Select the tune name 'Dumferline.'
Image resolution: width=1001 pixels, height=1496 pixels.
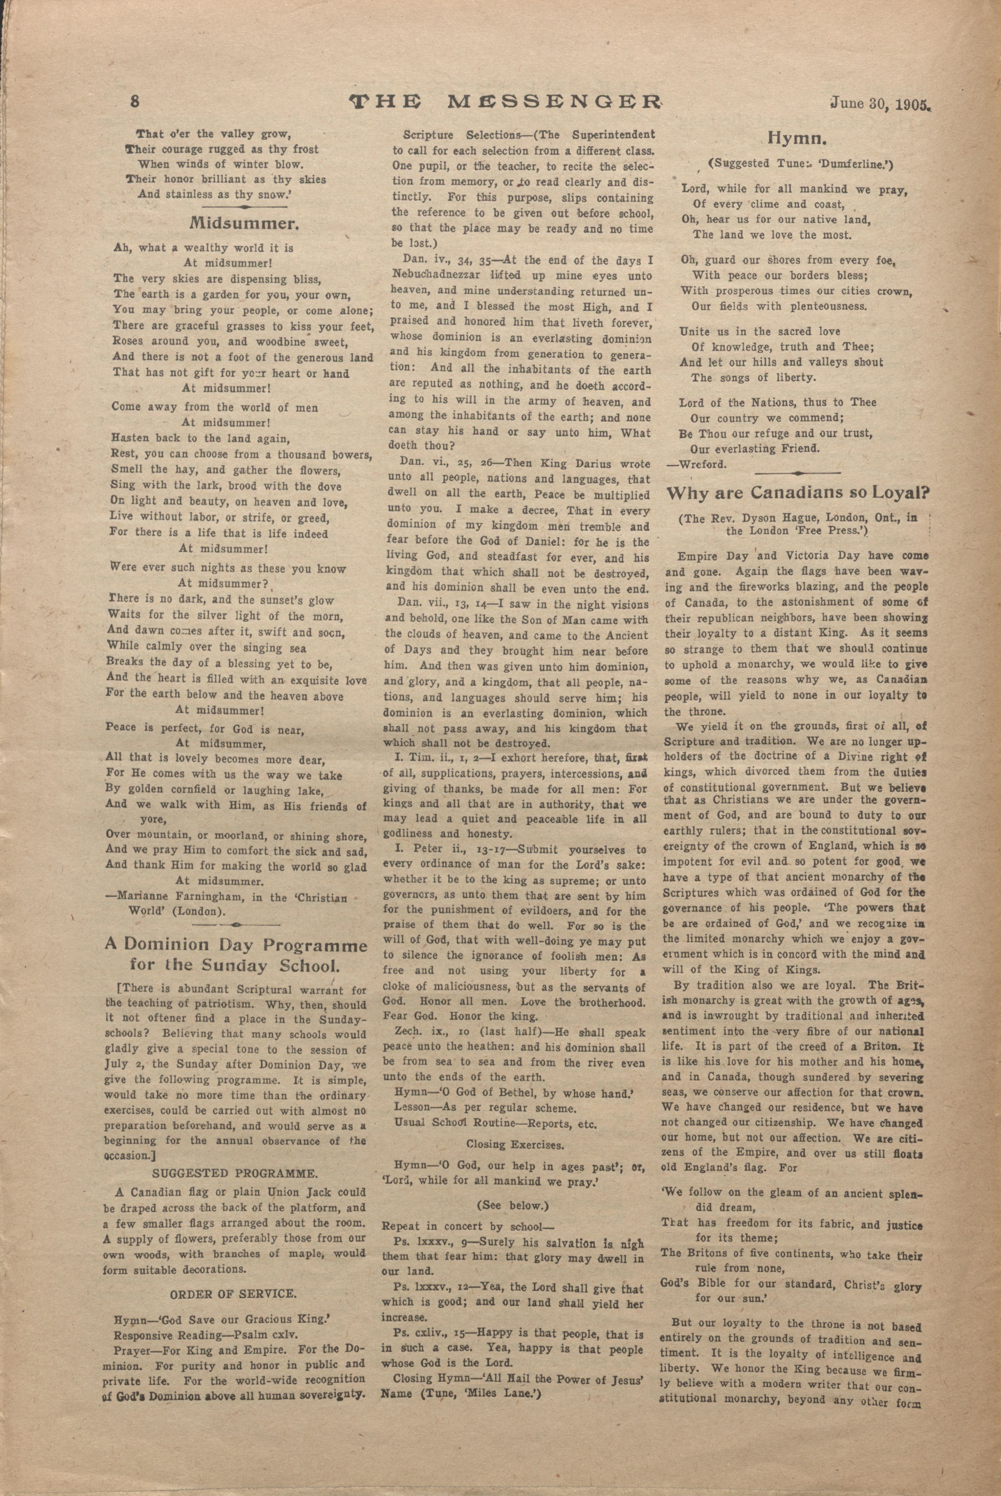click(857, 164)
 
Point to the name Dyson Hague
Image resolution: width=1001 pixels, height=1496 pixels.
click(766, 518)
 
